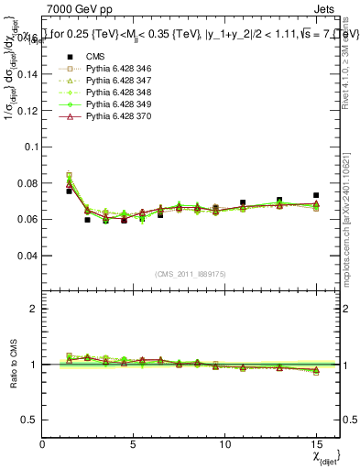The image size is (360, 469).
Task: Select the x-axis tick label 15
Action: coord(315,444)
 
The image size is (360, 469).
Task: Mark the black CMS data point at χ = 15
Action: coord(315,195)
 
